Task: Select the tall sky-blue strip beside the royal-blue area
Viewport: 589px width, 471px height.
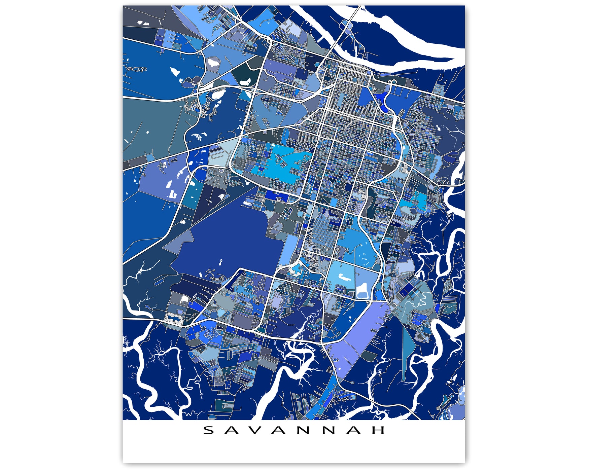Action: point(288,249)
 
